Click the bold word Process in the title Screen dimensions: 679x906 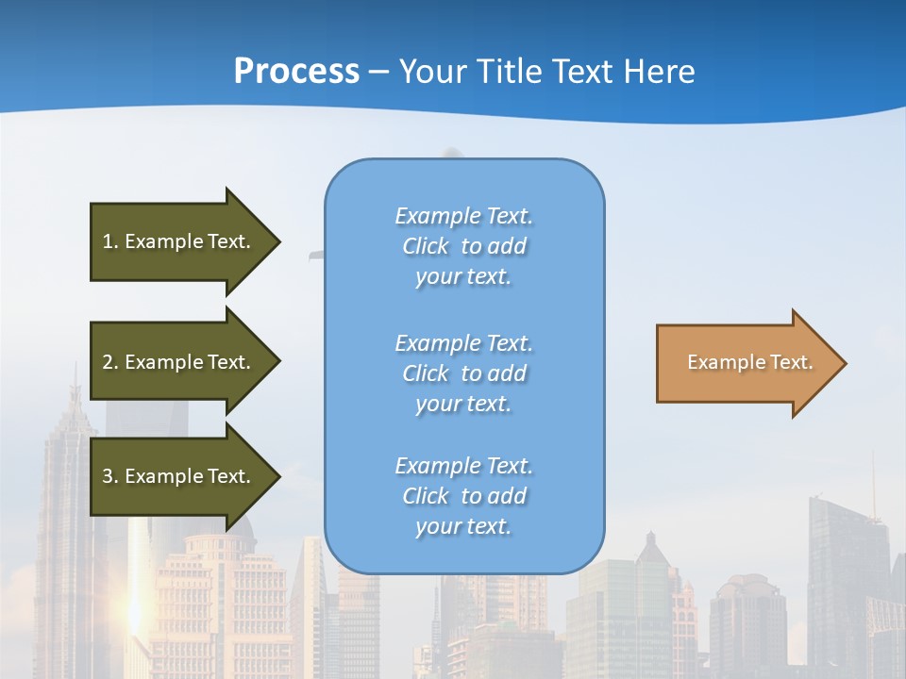296,72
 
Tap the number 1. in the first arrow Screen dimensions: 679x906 110,242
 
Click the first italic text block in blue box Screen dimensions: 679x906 463,246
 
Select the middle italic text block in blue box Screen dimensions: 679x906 463,373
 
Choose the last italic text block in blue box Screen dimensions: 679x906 463,496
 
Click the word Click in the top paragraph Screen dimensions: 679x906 426,247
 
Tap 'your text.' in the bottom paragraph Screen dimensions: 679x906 463,526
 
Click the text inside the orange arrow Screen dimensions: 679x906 750,363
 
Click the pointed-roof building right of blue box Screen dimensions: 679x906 650,556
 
